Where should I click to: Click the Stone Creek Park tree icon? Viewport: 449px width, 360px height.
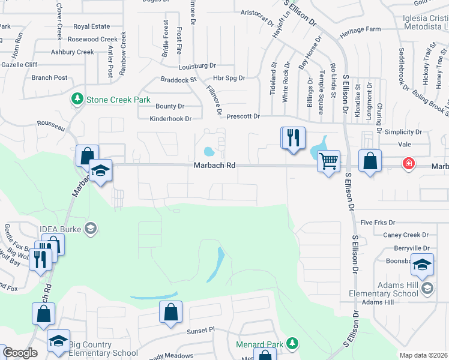pyautogui.click(x=77, y=98)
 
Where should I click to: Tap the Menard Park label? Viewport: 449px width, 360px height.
pyautogui.click(x=259, y=344)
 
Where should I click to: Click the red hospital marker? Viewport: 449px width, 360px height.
pyautogui.click(x=408, y=163)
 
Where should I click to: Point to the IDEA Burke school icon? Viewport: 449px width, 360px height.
pyautogui.click(x=91, y=228)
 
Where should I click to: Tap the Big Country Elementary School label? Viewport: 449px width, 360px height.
pyautogui.click(x=103, y=349)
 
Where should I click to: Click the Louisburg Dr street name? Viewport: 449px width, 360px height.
pyautogui.click(x=197, y=65)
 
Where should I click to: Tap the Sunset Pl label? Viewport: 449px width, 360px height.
pyautogui.click(x=200, y=330)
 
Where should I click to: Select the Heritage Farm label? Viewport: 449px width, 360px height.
pyautogui.click(x=360, y=29)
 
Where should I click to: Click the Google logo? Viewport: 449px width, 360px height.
pyautogui.click(x=20, y=353)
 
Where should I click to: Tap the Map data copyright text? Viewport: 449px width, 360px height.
pyautogui.click(x=423, y=356)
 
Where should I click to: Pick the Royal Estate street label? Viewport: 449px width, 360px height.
pyautogui.click(x=92, y=26)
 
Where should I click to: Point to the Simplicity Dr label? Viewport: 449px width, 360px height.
pyautogui.click(x=402, y=132)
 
